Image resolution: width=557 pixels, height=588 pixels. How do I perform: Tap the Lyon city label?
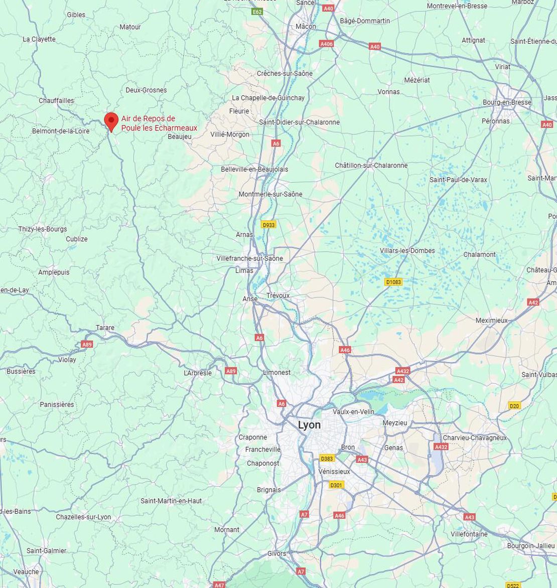pos(309,425)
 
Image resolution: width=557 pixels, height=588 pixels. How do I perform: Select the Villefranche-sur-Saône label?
pos(249,258)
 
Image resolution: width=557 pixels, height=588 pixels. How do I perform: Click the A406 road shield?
pos(327,44)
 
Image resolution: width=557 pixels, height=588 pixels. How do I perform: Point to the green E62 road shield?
pos(257,12)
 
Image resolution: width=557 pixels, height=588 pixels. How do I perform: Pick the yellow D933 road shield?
pos(269,225)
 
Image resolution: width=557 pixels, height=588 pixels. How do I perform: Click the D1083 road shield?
pos(393,282)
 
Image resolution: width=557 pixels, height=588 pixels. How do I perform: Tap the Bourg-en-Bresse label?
pos(507,102)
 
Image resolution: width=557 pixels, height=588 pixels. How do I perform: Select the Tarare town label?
pos(105,328)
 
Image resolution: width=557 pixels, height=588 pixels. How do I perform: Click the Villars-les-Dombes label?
pos(407,251)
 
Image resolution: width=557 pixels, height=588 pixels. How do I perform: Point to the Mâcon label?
pos(306,27)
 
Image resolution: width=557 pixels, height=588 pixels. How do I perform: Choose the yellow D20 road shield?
pos(514,405)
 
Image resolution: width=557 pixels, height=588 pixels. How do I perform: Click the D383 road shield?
pos(327,458)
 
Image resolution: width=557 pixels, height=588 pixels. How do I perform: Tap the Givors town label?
pos(276,553)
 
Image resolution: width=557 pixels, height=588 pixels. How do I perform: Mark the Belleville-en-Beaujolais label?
pos(254,169)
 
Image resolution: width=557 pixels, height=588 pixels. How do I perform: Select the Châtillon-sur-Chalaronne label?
pos(371,166)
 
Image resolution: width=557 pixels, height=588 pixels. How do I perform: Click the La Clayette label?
pos(39,39)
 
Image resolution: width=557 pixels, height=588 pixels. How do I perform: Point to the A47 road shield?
pos(219,585)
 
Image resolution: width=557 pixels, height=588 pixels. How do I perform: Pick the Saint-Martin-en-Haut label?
pos(171,501)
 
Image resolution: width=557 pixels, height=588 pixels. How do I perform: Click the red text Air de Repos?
pos(148,118)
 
